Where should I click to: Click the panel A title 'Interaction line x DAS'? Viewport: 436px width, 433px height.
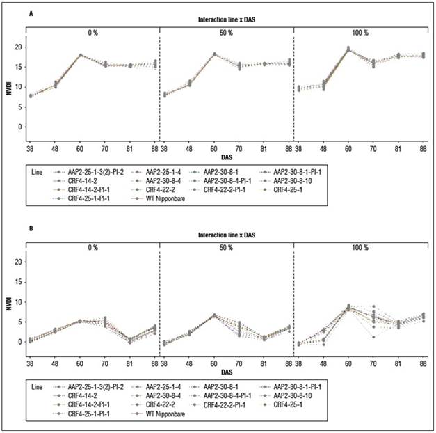[225, 20]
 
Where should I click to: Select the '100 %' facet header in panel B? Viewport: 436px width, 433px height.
[360, 246]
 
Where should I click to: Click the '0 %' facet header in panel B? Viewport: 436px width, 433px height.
[92, 246]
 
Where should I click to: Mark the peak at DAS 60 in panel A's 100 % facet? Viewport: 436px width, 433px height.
[348, 49]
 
